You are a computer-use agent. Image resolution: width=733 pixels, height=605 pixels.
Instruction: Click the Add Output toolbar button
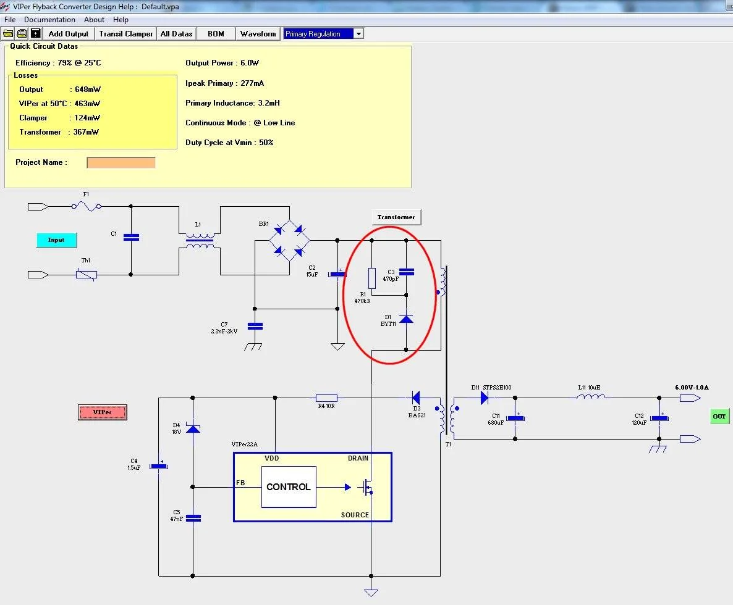[x=68, y=33]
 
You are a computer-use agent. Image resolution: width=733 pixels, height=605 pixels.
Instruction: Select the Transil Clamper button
[x=125, y=33]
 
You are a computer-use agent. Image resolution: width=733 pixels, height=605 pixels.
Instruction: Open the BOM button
[x=216, y=33]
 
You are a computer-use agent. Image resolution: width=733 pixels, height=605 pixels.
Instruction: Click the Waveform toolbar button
[x=258, y=33]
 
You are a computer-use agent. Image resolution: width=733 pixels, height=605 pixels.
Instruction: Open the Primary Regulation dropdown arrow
[x=358, y=33]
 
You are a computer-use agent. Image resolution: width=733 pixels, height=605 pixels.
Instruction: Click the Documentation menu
[x=49, y=20]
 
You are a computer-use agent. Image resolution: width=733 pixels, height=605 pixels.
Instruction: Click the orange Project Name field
[x=121, y=162]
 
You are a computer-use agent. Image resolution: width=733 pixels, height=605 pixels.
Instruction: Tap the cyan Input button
[x=57, y=240]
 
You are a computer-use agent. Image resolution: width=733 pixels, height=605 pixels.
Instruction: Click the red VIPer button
[x=103, y=412]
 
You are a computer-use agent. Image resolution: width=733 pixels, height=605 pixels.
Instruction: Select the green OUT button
[x=719, y=417]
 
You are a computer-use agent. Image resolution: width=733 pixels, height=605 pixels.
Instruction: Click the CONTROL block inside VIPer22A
[x=289, y=487]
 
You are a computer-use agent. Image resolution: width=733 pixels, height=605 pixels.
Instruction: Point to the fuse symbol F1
[x=87, y=206]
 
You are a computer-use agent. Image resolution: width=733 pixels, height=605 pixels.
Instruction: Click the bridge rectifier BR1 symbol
[x=289, y=241]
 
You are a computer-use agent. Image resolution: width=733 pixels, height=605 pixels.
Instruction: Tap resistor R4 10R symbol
[x=326, y=398]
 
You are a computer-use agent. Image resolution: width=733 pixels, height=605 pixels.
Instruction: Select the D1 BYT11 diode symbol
[x=406, y=319]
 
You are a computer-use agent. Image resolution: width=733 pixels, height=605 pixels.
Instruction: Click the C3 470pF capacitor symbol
[x=406, y=272]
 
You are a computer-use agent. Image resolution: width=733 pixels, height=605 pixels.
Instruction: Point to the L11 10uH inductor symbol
[x=591, y=397]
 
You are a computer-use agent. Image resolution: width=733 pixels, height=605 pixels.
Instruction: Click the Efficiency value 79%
[x=64, y=63]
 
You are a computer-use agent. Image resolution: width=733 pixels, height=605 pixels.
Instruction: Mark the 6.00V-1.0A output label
[x=692, y=388]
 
